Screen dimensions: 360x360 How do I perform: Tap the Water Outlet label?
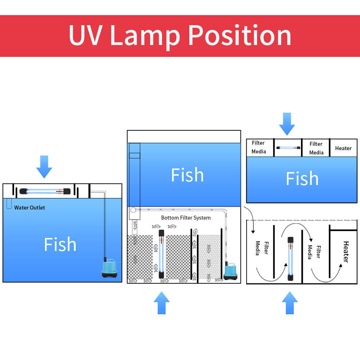(30, 208)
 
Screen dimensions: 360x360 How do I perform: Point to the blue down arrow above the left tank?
(44, 167)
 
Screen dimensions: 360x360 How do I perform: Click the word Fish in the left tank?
(60, 244)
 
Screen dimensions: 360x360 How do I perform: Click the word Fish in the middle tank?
(187, 175)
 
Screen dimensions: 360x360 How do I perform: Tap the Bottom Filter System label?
(186, 218)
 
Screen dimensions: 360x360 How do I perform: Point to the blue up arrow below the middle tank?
(162, 303)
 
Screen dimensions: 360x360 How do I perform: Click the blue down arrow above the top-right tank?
(287, 124)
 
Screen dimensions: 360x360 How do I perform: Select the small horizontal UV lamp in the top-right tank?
(288, 148)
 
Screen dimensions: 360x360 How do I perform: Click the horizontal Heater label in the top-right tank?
(343, 148)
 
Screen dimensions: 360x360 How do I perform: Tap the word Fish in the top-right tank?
(302, 179)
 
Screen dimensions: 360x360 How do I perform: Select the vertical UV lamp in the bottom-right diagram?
(290, 259)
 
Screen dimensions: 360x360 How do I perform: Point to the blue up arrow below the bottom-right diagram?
(290, 303)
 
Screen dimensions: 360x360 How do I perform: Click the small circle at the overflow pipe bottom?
(133, 210)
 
